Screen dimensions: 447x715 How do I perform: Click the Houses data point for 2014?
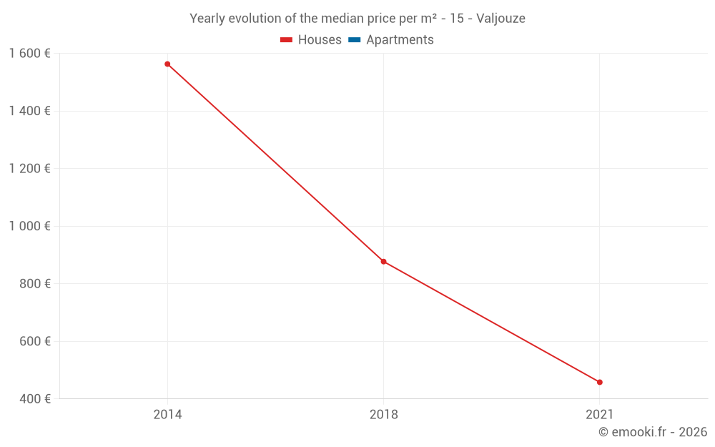click(167, 64)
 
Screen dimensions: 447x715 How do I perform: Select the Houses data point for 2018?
click(383, 261)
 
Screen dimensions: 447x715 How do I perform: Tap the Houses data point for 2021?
click(599, 382)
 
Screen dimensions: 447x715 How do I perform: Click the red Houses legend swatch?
click(286, 40)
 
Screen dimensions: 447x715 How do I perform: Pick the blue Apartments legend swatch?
click(354, 40)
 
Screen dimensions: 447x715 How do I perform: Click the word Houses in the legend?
click(320, 40)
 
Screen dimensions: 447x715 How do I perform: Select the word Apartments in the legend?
click(400, 40)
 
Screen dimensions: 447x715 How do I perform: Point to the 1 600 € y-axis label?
click(29, 53)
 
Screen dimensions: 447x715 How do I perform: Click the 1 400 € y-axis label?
click(29, 111)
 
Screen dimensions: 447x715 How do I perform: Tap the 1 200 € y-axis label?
click(29, 169)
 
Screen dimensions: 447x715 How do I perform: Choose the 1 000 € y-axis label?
click(29, 226)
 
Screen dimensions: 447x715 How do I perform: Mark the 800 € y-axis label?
click(34, 284)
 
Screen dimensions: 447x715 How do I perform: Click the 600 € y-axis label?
click(34, 341)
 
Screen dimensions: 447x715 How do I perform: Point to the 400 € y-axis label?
click(34, 399)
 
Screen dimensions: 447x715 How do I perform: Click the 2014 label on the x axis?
click(167, 415)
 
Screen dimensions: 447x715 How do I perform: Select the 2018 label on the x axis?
click(383, 415)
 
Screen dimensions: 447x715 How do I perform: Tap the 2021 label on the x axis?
click(599, 415)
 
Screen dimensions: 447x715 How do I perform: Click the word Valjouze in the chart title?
click(501, 19)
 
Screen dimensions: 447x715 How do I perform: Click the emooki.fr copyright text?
click(653, 432)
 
